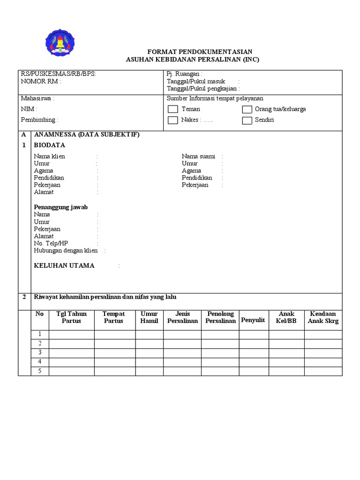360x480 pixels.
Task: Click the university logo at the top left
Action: [x=60, y=43]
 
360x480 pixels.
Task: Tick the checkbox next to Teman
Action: [x=173, y=109]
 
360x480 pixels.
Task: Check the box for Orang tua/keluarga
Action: [x=247, y=109]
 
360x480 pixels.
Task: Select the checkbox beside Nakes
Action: [x=173, y=120]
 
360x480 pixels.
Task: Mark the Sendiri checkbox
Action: [x=247, y=120]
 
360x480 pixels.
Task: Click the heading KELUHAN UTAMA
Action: [x=64, y=265]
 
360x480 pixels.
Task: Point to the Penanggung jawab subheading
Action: [x=60, y=207]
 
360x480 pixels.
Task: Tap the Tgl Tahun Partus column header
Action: [x=71, y=317]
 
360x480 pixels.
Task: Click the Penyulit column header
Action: [x=253, y=320]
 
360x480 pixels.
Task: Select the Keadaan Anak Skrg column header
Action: [x=323, y=317]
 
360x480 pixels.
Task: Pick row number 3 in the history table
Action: [x=40, y=352]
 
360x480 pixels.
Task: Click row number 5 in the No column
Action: [x=40, y=371]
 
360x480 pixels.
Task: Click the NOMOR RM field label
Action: [x=40, y=81]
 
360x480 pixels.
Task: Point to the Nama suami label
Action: [x=198, y=157]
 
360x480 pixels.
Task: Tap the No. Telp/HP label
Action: [x=51, y=243]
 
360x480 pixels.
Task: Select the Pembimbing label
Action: [x=38, y=120]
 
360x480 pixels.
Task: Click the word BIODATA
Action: [x=49, y=145]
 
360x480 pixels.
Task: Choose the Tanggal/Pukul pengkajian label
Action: [x=203, y=89]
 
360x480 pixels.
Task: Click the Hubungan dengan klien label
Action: [x=66, y=251]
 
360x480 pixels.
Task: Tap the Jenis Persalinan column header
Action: [x=182, y=317]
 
